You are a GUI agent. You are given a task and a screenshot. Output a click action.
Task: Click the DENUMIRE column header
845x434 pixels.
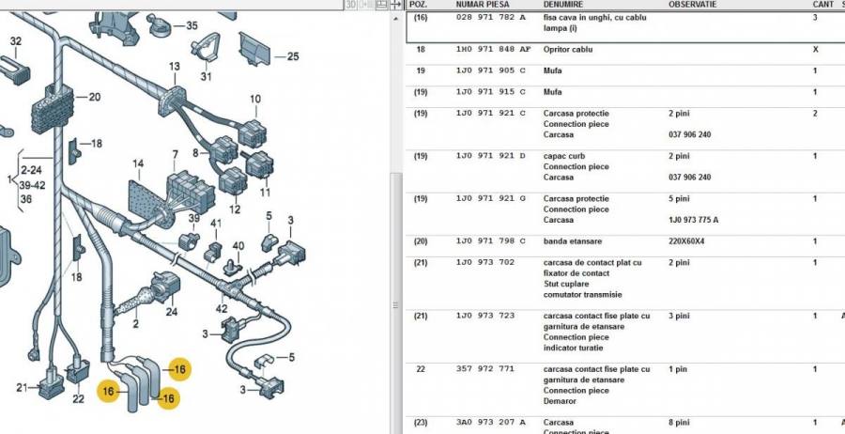(562, 5)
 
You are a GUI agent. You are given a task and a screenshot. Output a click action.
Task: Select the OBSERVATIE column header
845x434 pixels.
(693, 5)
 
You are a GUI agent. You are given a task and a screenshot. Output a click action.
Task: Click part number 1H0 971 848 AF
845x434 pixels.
(493, 49)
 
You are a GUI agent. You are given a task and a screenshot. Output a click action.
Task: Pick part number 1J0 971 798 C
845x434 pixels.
(491, 241)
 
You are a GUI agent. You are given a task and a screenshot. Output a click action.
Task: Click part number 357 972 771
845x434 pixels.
(485, 369)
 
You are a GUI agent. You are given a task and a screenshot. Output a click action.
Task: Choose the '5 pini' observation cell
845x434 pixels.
(679, 198)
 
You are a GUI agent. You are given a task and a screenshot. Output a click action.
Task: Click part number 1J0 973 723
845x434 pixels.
(485, 316)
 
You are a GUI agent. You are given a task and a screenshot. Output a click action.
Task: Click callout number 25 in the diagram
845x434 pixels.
(293, 56)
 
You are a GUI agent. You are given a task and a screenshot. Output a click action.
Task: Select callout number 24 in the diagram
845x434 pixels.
(172, 311)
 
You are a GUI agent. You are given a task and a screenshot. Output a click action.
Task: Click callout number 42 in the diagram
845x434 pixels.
(222, 308)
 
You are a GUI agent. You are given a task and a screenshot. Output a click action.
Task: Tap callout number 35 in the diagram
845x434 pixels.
(192, 25)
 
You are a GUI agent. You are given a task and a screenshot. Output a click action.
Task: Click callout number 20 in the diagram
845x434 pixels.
(94, 97)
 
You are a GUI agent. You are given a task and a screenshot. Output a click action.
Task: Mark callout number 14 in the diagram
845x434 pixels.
(139, 163)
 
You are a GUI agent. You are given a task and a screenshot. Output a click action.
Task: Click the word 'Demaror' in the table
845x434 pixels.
(560, 401)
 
